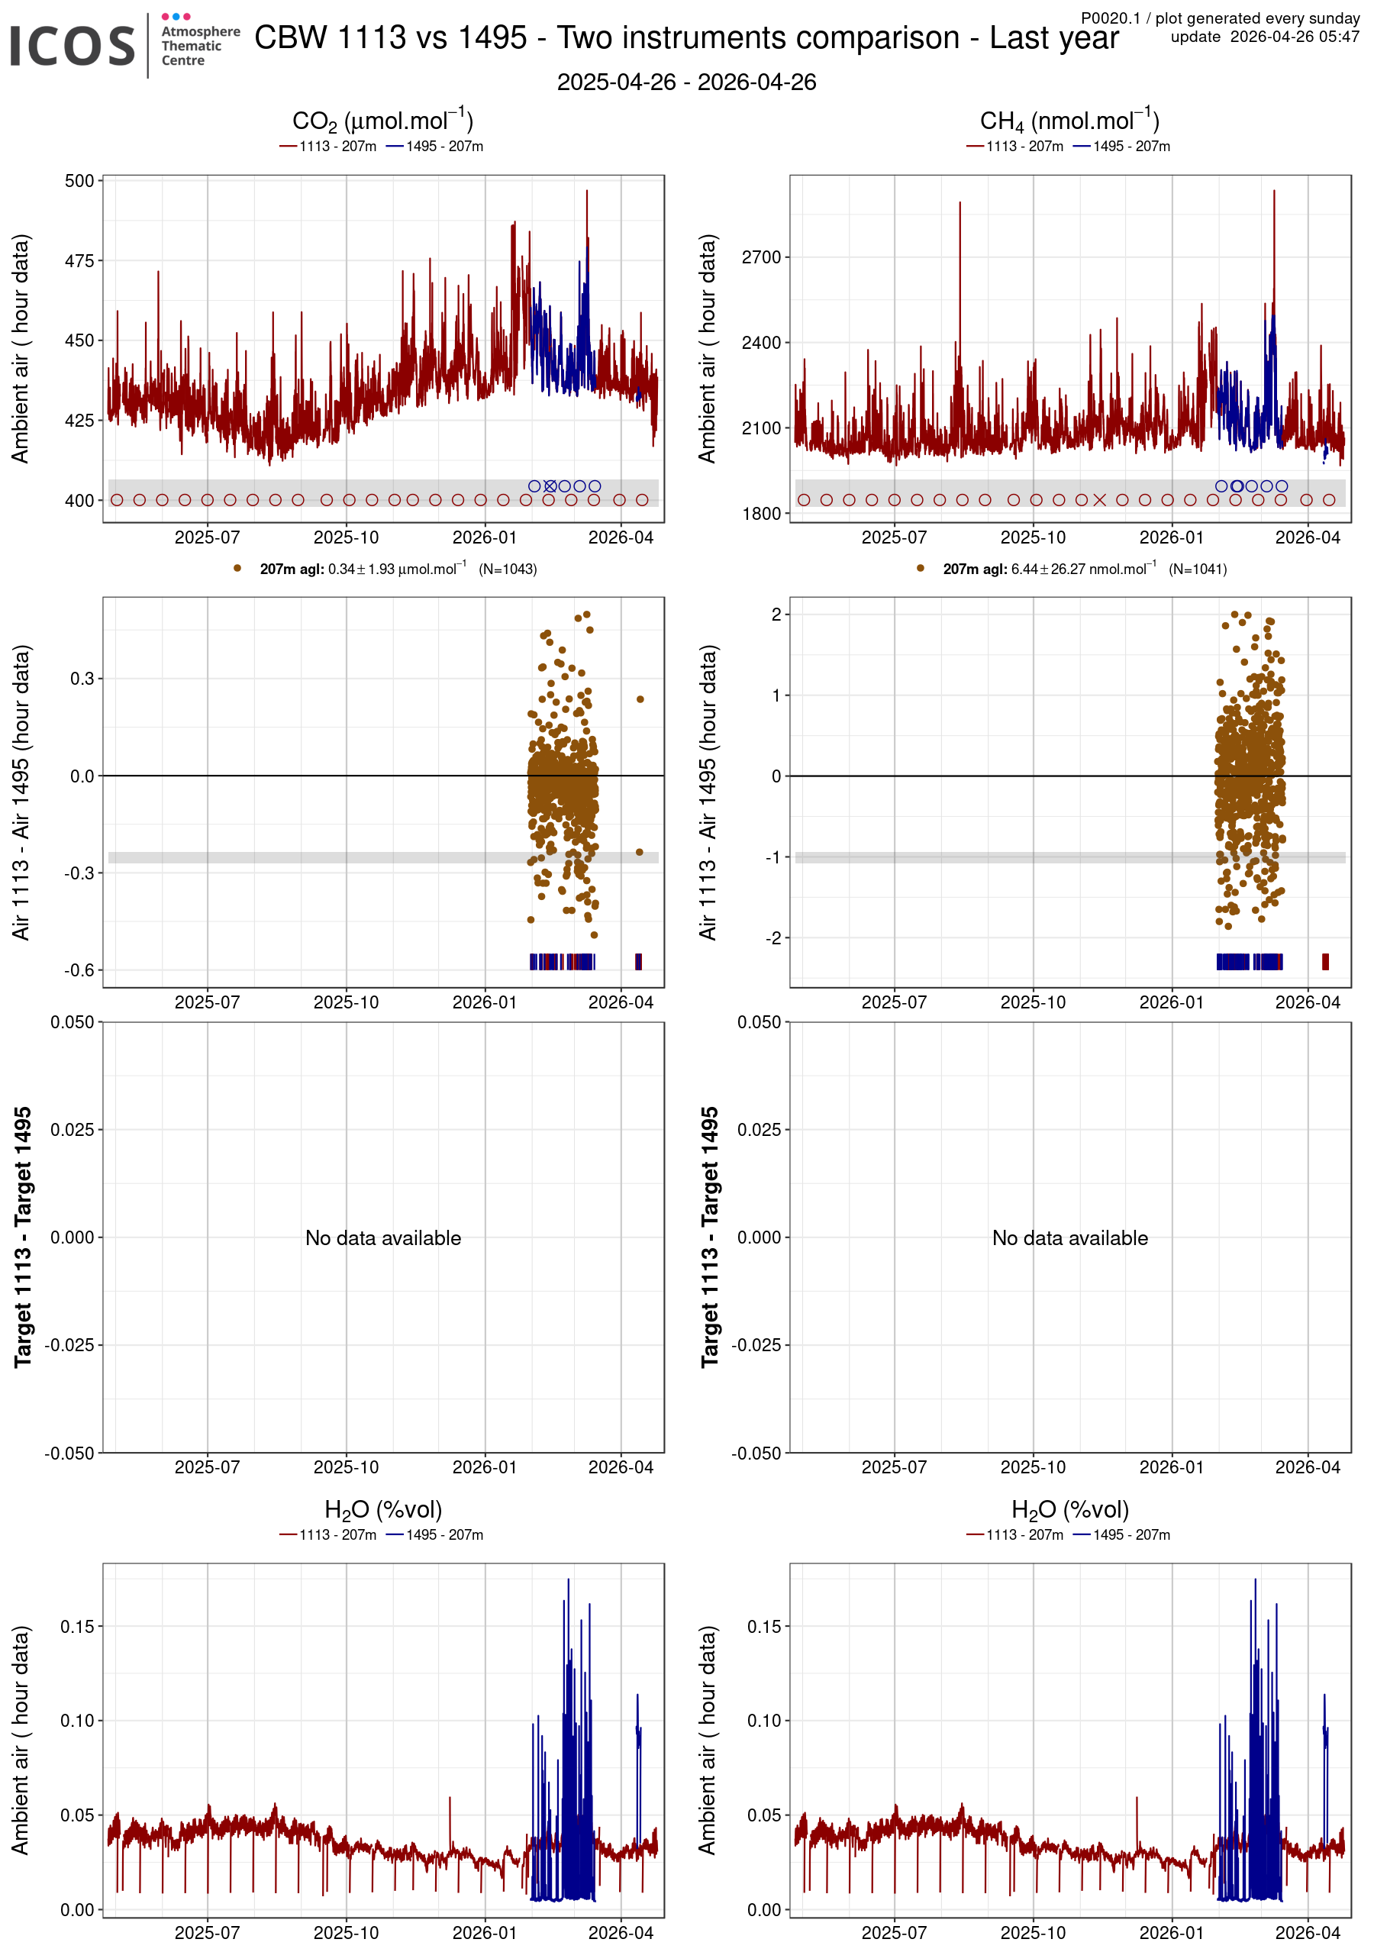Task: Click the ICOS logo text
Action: tap(73, 46)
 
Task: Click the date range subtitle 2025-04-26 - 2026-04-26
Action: tap(686, 82)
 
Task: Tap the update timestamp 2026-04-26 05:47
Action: tap(1264, 37)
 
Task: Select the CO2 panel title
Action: tap(382, 121)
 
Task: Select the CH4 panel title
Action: tap(1069, 121)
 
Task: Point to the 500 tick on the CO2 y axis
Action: tap(79, 181)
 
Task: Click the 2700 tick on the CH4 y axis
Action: tap(762, 257)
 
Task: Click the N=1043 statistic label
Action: tap(508, 569)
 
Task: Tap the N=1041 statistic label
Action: tap(1197, 569)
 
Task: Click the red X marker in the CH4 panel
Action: tap(1099, 500)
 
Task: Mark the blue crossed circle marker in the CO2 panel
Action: tap(550, 486)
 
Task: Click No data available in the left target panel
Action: tap(382, 1238)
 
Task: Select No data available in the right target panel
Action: tap(1069, 1238)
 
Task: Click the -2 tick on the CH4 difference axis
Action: tap(772, 937)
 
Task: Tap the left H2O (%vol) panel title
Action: tap(382, 1510)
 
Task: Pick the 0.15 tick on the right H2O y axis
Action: tap(763, 1626)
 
